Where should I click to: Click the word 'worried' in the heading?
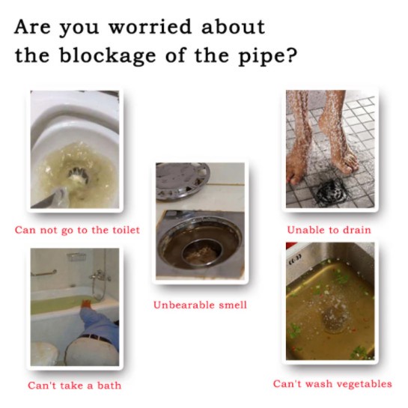(150, 27)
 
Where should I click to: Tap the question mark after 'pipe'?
(292, 55)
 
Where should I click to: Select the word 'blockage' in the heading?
(108, 55)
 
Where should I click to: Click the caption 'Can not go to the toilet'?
(77, 231)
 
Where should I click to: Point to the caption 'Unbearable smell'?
(200, 305)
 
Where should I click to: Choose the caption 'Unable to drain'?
(329, 230)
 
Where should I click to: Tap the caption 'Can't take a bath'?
(75, 386)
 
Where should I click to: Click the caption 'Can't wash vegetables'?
(332, 384)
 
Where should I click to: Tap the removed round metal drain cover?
(182, 180)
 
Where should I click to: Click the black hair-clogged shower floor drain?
(330, 190)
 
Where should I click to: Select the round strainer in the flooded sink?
(335, 319)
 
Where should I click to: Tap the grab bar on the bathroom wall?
(43, 273)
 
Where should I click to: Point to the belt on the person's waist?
(96, 338)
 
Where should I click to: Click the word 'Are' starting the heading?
(32, 27)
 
